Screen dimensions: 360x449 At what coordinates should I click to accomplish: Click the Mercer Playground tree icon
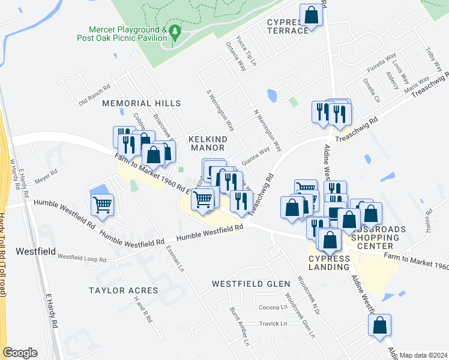coord(175,31)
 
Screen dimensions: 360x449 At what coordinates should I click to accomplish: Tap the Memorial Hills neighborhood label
coord(141,103)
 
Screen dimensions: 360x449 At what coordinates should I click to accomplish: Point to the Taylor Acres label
coord(123,290)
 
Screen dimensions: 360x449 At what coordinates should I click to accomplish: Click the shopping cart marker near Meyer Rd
coord(102,205)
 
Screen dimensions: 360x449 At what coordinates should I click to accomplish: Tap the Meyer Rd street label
coord(46,175)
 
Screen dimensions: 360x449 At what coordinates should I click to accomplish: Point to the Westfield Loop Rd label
coord(82,259)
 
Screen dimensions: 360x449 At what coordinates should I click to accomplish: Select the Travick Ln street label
coord(273,323)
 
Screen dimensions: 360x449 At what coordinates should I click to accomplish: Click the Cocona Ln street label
coord(273,307)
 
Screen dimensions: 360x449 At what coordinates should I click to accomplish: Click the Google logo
coord(20,353)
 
